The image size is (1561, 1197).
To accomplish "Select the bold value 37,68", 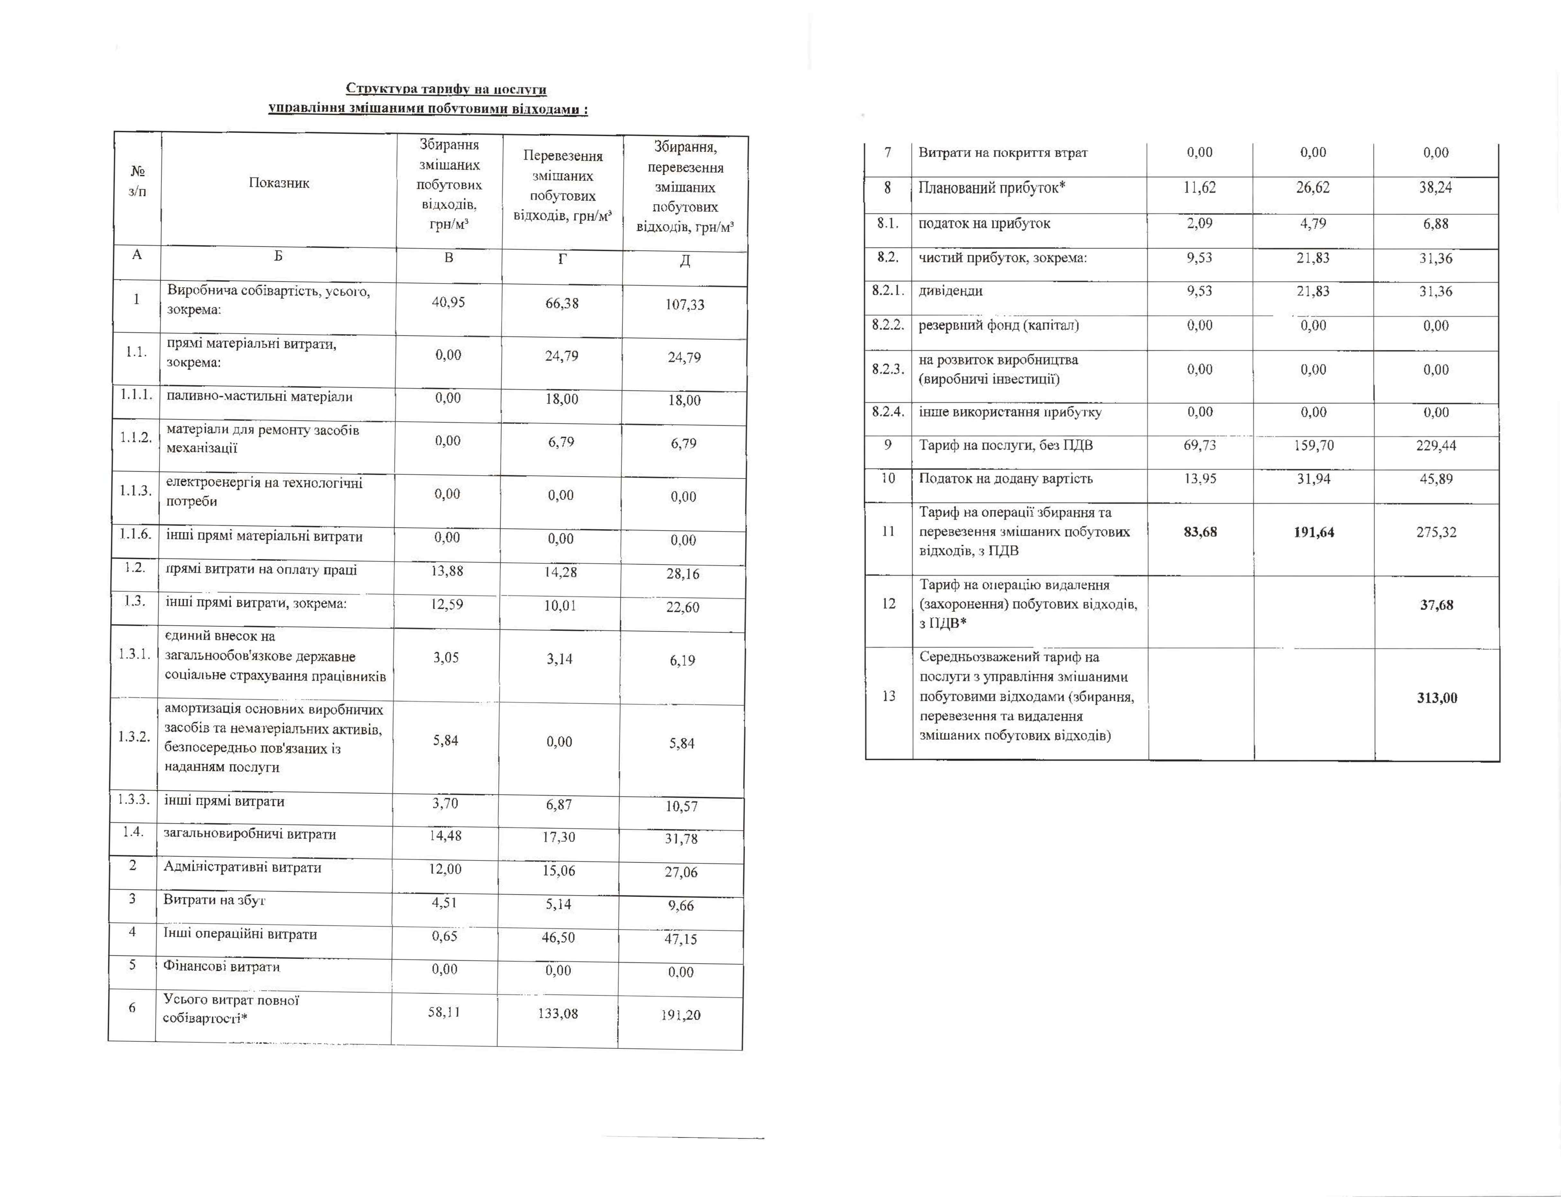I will pyautogui.click(x=1436, y=605).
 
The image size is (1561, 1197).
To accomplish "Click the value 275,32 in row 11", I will pyautogui.click(x=1436, y=532).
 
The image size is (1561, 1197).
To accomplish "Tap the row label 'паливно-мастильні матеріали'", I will pyautogui.click(x=259, y=397).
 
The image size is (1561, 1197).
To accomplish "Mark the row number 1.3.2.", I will pyautogui.click(x=134, y=737).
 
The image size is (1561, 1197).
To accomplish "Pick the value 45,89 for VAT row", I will pyautogui.click(x=1436, y=479).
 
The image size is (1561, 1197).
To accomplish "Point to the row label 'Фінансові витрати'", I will pyautogui.click(x=222, y=967).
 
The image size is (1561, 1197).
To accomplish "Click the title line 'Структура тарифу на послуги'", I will pyautogui.click(x=446, y=89).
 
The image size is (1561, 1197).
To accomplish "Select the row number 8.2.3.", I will pyautogui.click(x=888, y=369).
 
